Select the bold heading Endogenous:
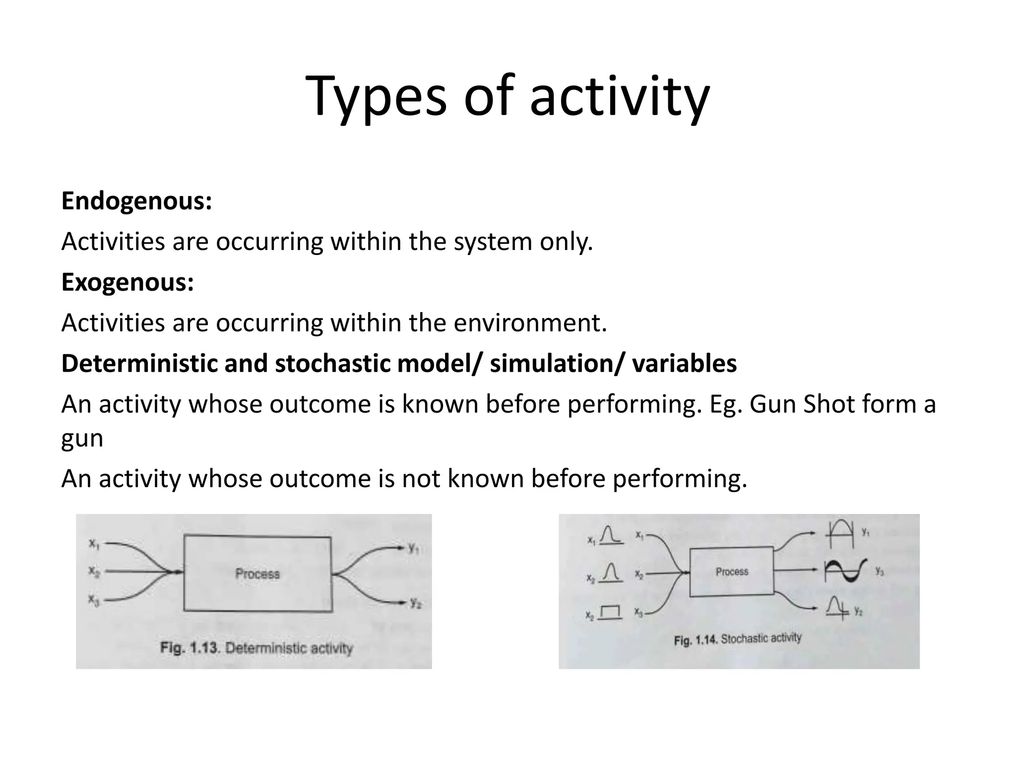pyautogui.click(x=136, y=201)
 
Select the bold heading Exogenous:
pyautogui.click(x=127, y=282)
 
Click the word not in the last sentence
pyautogui.click(x=420, y=479)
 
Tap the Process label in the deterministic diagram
pyautogui.click(x=257, y=574)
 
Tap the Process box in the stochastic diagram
pyautogui.click(x=732, y=571)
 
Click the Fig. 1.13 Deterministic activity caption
pyautogui.click(x=256, y=648)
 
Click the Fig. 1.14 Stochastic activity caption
pyautogui.click(x=737, y=639)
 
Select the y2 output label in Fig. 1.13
pyautogui.click(x=415, y=603)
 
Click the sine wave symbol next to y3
pyautogui.click(x=846, y=571)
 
